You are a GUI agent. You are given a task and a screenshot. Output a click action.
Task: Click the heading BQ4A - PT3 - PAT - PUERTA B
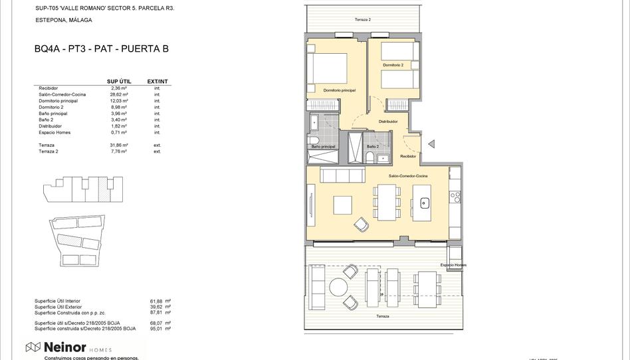(101, 48)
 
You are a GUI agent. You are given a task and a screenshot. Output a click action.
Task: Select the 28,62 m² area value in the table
(120, 94)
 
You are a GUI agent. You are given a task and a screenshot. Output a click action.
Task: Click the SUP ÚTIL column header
(119, 82)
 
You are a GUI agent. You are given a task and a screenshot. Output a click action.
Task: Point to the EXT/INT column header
(157, 82)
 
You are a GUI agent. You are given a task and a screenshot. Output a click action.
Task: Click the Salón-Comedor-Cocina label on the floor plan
(408, 175)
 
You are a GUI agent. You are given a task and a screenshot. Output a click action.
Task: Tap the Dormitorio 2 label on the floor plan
(393, 65)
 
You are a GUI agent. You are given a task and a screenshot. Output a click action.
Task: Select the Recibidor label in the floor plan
(408, 156)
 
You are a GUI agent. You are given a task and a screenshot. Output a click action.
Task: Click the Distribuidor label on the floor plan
(388, 122)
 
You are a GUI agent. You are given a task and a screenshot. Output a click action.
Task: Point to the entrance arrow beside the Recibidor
(431, 143)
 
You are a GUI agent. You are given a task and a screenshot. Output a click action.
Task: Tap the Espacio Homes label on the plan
(453, 265)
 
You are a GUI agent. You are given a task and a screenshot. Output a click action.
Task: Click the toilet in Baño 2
(369, 157)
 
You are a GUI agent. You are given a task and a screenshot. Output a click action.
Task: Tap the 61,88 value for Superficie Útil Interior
(156, 301)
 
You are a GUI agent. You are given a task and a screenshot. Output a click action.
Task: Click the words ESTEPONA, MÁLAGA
(64, 20)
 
